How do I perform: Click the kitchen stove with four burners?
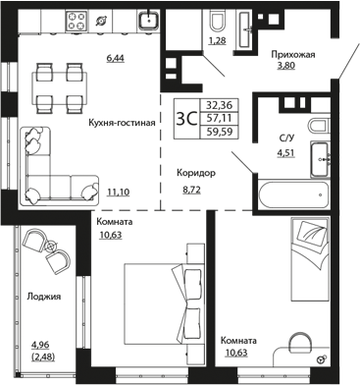coord(77,21)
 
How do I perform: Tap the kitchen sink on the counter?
coord(148,21)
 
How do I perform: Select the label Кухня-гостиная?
coord(122,123)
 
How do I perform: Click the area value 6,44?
coord(116,58)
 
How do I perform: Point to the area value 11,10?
coord(118,192)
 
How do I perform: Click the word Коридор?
coord(196,173)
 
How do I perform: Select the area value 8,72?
coord(191,190)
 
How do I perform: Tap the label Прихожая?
coord(293,54)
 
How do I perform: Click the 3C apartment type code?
coord(186,119)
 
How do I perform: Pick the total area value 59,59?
coord(219,132)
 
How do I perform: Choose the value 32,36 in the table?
coord(219,105)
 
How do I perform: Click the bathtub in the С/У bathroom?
coord(293,194)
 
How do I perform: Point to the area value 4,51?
coord(286,153)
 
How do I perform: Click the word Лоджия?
coord(44,297)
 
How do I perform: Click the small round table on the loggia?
coord(51,247)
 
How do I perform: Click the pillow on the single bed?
coord(312,233)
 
